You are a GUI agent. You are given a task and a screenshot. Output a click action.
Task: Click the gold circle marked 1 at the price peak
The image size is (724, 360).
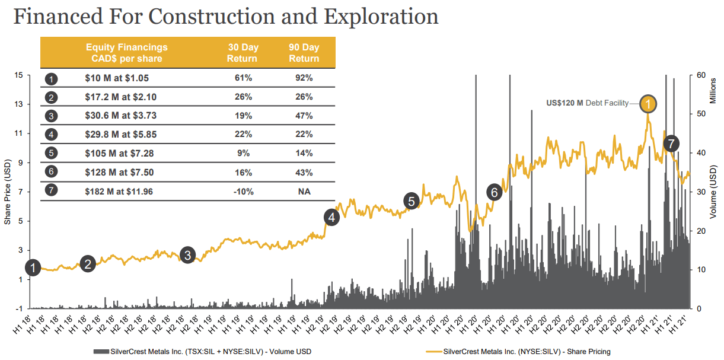648,104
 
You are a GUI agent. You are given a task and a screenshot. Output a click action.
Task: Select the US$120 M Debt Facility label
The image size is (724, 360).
587,103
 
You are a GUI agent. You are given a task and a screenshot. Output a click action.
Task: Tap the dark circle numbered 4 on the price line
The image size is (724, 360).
331,218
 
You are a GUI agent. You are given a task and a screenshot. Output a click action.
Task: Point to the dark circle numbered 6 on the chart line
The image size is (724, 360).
494,192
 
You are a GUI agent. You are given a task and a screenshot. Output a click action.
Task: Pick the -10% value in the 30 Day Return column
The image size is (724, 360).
243,192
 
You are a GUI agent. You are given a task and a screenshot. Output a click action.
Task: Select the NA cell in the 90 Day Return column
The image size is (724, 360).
304,192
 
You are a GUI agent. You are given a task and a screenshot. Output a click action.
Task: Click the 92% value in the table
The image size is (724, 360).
304,78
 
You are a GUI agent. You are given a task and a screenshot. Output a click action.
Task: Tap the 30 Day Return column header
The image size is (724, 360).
243,53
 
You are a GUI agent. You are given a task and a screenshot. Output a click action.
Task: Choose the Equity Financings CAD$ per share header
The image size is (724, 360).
126,53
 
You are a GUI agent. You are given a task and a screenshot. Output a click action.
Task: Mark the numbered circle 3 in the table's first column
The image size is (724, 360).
52,116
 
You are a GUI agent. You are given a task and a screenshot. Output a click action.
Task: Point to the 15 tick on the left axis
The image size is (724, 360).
19,75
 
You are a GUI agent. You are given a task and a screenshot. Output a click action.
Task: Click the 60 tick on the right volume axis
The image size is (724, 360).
701,75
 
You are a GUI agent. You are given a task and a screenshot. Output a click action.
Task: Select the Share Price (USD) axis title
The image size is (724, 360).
8,192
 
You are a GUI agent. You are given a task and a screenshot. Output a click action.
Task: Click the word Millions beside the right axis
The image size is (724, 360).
714,89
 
